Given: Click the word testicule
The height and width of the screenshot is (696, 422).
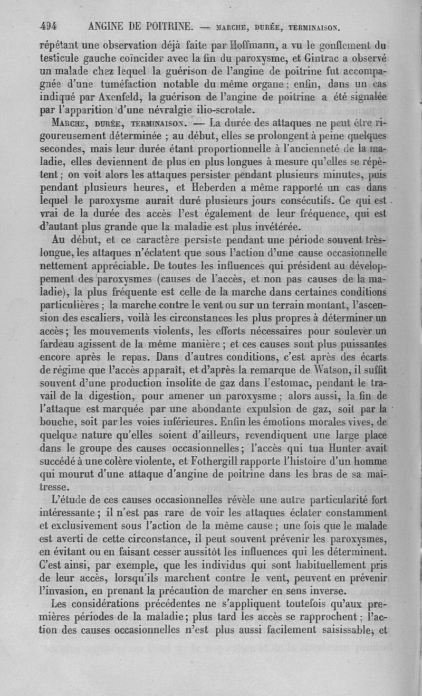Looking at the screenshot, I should pyautogui.click(x=61, y=58).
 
